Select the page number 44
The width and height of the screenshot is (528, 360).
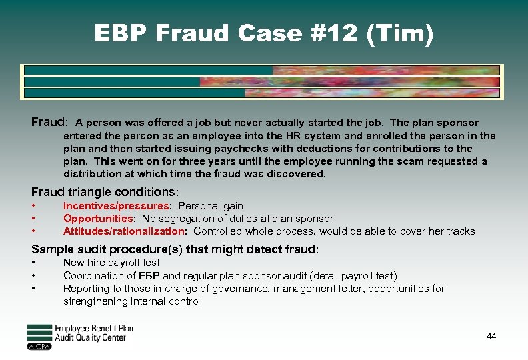491,337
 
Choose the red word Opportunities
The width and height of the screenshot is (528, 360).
98,219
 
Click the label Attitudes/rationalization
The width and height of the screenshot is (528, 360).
124,231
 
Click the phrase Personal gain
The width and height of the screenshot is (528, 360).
211,206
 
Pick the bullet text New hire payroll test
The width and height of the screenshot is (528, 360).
111,263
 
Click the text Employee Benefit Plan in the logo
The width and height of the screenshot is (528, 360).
94,329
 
